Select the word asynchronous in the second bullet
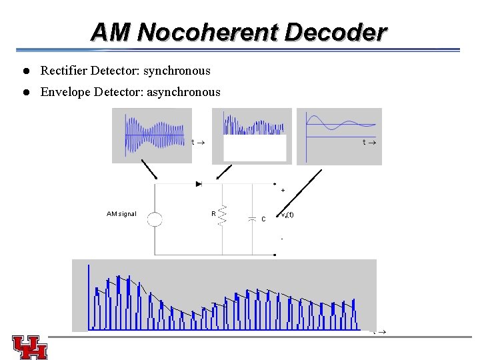pyautogui.click(x=182, y=92)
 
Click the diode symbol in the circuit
pyautogui.click(x=199, y=183)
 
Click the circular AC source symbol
pyautogui.click(x=155, y=219)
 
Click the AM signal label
pyautogui.click(x=121, y=214)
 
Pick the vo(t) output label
pyautogui.click(x=287, y=215)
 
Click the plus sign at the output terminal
pyautogui.click(x=283, y=191)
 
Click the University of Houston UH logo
pyautogui.click(x=29, y=347)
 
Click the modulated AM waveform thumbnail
pyautogui.click(x=151, y=135)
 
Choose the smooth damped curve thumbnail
pyautogui.click(x=339, y=135)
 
